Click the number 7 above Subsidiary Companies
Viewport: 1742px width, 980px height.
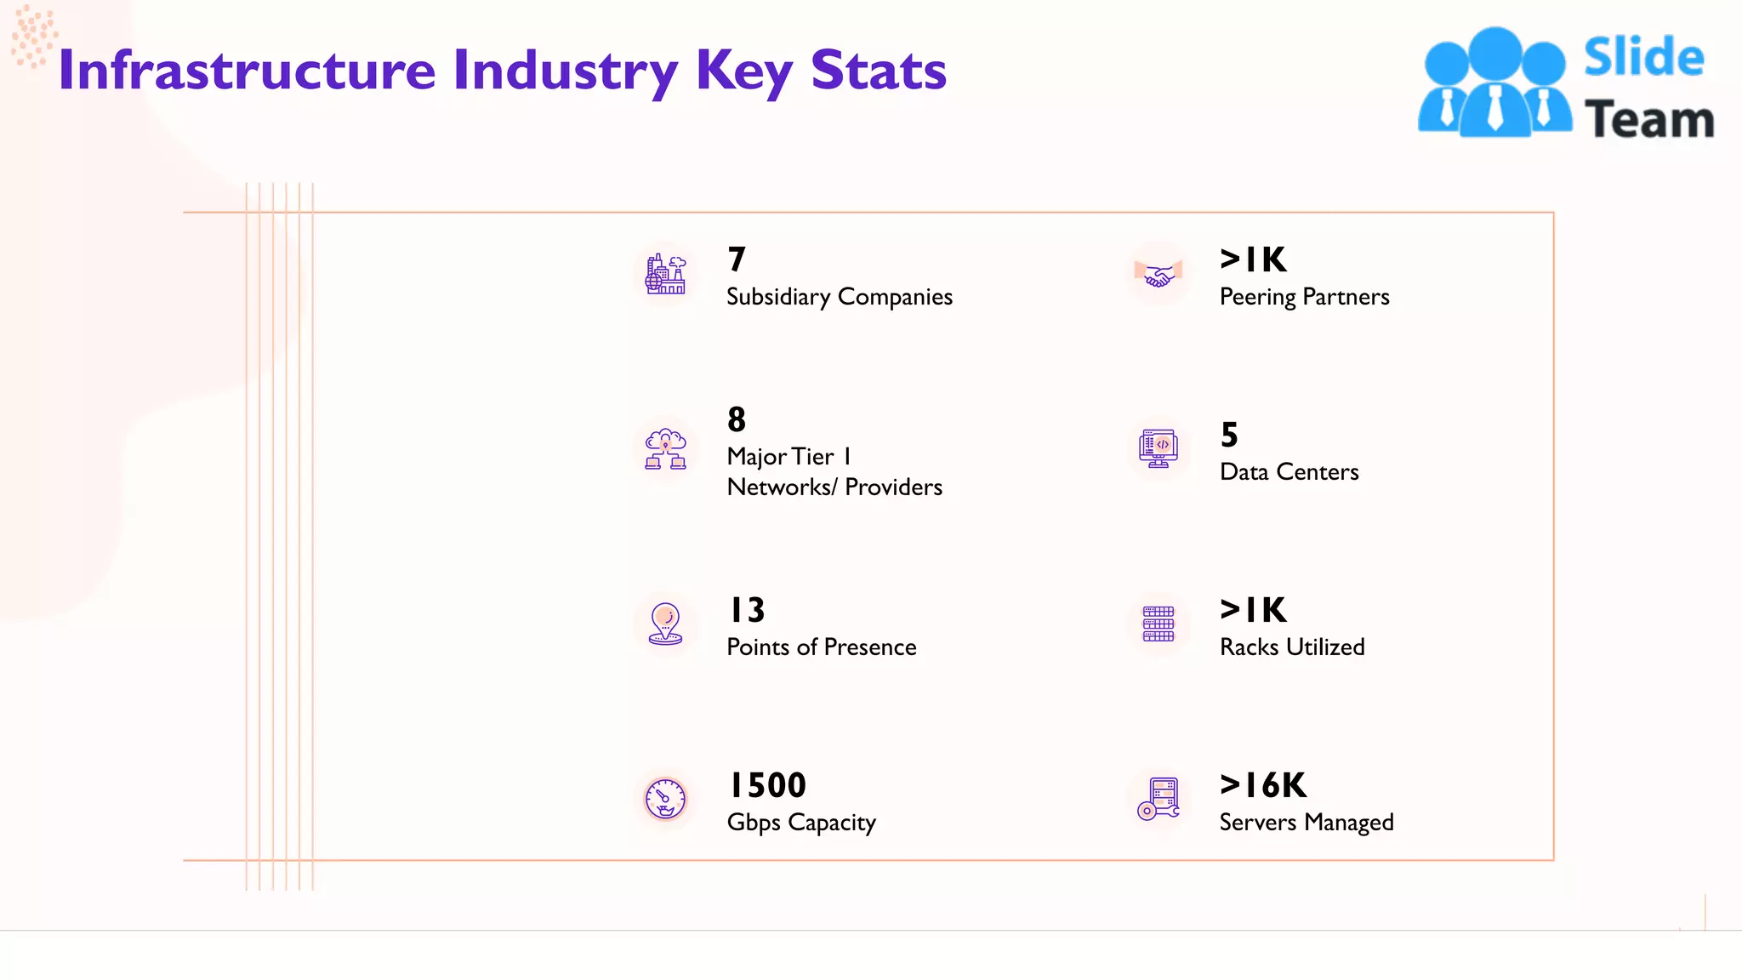click(x=737, y=259)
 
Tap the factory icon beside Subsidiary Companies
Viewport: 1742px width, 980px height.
click(x=665, y=275)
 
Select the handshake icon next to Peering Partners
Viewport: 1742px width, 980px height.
click(x=1158, y=275)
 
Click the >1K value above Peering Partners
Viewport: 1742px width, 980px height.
click(x=1253, y=259)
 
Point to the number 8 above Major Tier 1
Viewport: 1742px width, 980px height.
click(x=737, y=419)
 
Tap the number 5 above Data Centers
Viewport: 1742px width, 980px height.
click(x=1229, y=435)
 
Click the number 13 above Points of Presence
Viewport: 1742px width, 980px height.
click(x=748, y=610)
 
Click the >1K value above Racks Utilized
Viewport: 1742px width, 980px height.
click(x=1253, y=610)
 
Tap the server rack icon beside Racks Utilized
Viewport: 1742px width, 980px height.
click(x=1158, y=624)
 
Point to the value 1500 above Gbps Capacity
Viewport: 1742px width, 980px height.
click(x=767, y=785)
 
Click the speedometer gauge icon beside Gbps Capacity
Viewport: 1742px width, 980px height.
click(x=665, y=800)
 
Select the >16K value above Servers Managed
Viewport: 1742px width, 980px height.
click(x=1263, y=785)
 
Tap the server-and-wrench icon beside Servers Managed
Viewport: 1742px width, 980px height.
click(x=1158, y=799)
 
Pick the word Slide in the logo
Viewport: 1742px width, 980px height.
click(x=1643, y=58)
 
